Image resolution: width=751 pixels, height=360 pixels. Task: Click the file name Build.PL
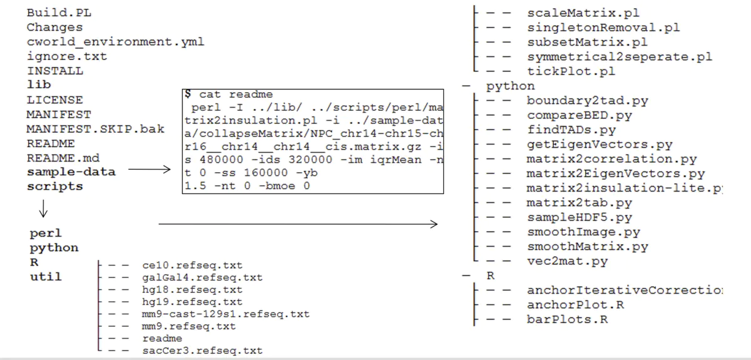point(59,13)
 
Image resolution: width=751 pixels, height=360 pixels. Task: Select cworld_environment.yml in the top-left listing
point(115,42)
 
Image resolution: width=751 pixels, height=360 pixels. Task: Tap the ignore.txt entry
point(66,56)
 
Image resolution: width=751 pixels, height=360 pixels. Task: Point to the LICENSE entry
point(54,100)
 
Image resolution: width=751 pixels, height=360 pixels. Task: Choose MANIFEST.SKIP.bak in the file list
point(95,129)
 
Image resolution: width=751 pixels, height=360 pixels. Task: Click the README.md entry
point(63,158)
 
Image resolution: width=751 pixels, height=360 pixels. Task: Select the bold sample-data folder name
point(71,172)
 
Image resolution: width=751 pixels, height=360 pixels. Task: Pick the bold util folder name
point(46,276)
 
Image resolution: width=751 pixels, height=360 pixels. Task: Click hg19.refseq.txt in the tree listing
point(192,302)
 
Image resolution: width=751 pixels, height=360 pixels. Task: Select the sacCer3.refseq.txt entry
point(202,351)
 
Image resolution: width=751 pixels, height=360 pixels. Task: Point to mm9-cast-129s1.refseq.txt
point(225,314)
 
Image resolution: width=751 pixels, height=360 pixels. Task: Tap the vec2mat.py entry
point(567,261)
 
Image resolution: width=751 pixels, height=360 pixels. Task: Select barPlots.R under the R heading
point(567,319)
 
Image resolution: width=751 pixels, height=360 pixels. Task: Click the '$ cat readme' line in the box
point(228,95)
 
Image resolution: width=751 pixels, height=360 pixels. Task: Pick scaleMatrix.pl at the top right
point(583,13)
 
